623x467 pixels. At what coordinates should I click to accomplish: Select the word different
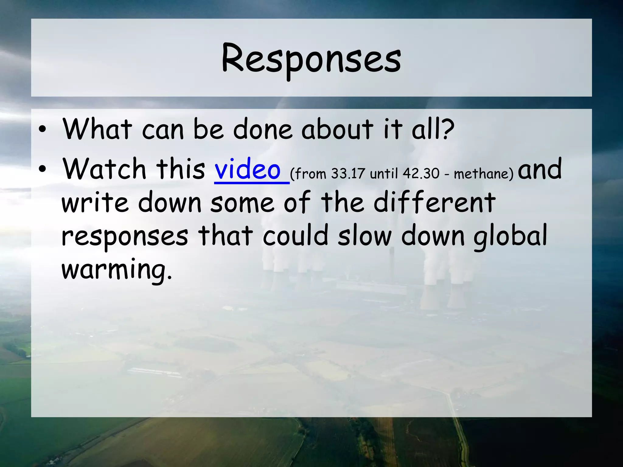point(435,202)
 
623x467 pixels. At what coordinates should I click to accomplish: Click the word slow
point(364,236)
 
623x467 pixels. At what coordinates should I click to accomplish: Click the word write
point(95,203)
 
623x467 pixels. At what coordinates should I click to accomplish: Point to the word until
point(384,174)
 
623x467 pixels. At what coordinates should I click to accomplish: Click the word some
point(242,203)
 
